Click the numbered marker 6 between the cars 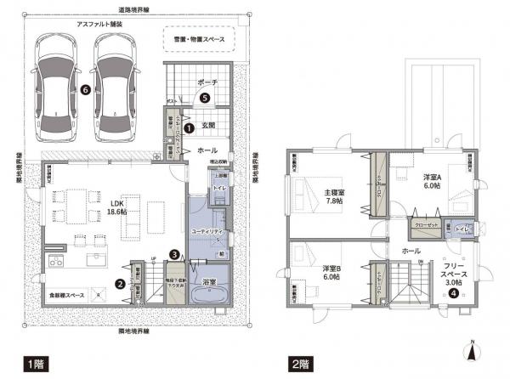click(84, 88)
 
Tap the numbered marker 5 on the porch click(205, 98)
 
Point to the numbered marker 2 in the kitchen click(121, 284)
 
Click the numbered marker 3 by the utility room click(173, 253)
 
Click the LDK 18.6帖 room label click(116, 209)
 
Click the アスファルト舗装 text click(97, 25)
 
